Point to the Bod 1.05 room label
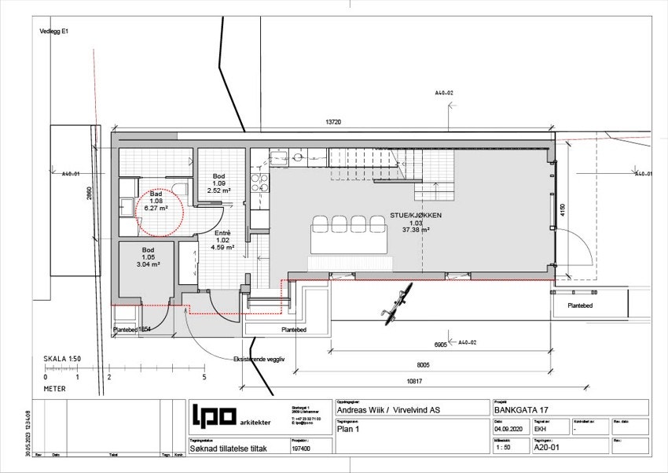coord(149,257)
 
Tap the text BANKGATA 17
coord(521,409)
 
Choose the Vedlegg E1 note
coord(54,31)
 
